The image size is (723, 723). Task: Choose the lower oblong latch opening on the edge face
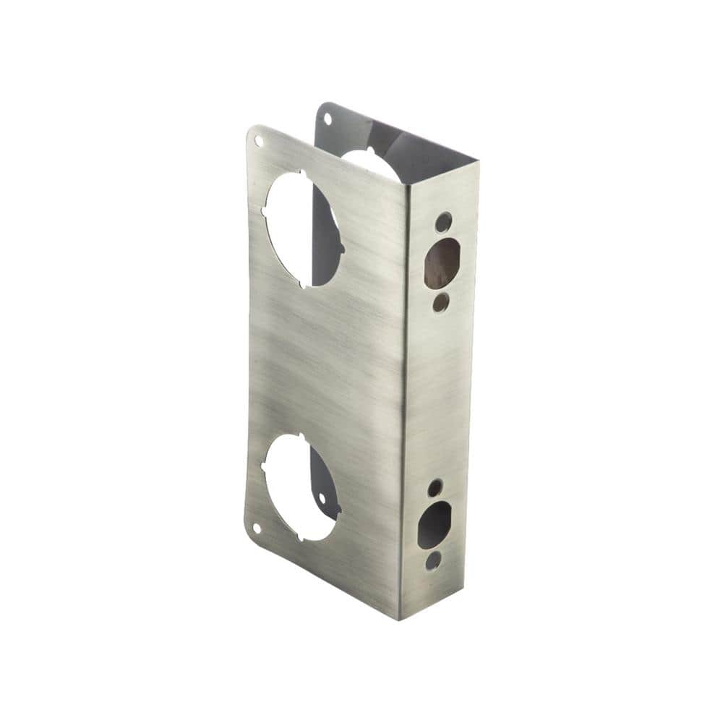coord(435,525)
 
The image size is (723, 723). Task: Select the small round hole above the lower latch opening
coord(435,488)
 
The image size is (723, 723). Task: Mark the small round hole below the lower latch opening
coord(432,560)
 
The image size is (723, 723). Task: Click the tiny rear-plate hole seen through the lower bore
coord(321,499)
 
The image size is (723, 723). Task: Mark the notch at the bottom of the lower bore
coord(307,539)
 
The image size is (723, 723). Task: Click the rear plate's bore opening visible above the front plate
coord(369,161)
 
